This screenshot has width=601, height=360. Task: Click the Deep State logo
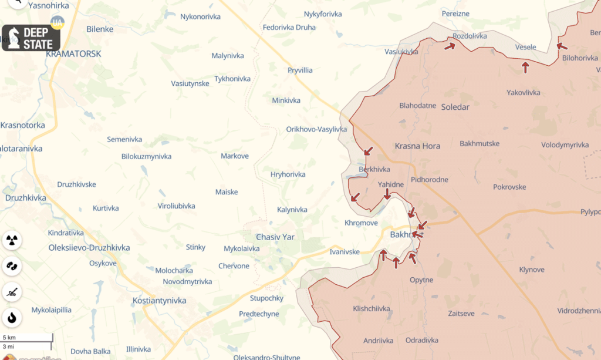[31, 38]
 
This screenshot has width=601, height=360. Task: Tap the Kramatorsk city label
[73, 53]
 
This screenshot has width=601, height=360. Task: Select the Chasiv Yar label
[275, 237]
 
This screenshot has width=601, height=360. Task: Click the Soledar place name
[455, 107]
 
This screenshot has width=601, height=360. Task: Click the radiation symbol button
[12, 240]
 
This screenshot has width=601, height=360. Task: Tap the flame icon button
[12, 318]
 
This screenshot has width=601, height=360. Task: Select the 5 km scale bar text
[9, 337]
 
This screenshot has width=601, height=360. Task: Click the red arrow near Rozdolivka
[450, 45]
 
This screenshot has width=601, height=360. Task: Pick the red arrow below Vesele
[525, 67]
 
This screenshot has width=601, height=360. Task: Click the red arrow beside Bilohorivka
[562, 46]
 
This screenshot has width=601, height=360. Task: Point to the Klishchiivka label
[372, 308]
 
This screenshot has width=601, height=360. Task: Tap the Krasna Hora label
[417, 146]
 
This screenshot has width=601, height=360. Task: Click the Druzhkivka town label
[25, 197]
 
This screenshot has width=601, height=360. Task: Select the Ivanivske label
[345, 251]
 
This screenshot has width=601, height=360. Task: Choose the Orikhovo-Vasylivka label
[316, 129]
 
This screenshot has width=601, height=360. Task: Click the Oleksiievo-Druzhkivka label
[89, 248]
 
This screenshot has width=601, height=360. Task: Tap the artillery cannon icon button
[12, 291]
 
